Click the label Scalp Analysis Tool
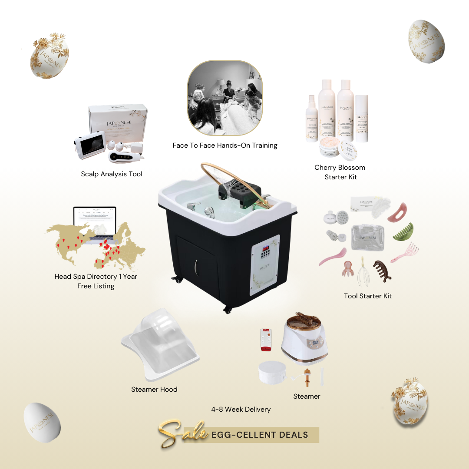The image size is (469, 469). point(112,174)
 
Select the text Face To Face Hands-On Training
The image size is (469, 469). point(225,145)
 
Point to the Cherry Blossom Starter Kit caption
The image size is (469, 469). point(340,172)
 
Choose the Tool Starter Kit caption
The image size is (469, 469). point(367,296)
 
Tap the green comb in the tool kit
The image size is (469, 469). point(404,232)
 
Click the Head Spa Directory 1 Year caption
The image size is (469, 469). point(96,277)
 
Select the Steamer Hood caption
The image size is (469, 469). point(154,390)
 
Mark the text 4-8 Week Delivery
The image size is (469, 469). point(241,410)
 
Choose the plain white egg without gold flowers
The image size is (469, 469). point(42,422)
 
